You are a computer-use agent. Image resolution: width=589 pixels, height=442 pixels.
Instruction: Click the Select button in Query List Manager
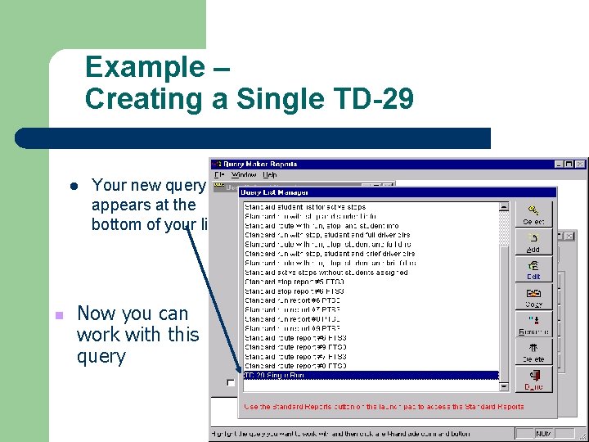click(x=534, y=214)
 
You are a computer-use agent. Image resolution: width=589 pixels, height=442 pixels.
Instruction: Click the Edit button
click(x=534, y=270)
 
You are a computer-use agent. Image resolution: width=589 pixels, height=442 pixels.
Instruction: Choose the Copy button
click(x=534, y=298)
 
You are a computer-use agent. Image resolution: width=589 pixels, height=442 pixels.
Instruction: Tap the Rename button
click(x=534, y=326)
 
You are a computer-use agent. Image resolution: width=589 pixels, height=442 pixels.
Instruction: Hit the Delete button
click(x=534, y=353)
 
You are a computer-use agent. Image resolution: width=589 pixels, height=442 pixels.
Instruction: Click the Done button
click(x=534, y=381)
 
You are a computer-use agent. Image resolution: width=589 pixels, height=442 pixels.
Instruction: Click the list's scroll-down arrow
click(x=505, y=386)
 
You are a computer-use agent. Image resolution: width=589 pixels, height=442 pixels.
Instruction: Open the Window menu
click(x=244, y=174)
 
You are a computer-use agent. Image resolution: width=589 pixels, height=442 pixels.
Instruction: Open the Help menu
click(x=270, y=174)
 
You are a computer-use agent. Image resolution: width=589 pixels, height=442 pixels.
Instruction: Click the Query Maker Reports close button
click(x=580, y=164)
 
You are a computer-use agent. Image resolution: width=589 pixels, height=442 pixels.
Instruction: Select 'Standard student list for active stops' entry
click(x=305, y=207)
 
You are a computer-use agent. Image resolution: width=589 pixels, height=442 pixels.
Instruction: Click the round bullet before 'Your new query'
click(x=73, y=186)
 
